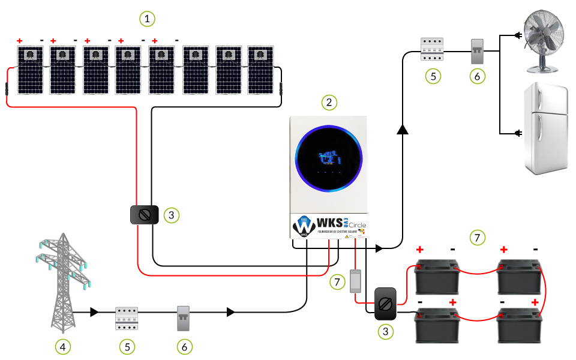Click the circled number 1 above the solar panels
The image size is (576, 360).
point(147,19)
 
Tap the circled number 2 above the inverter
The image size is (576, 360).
point(329,102)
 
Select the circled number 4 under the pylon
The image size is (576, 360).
point(62,346)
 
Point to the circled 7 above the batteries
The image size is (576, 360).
point(478,238)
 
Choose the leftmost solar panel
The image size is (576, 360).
point(29,70)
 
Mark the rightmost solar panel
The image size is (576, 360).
point(260,70)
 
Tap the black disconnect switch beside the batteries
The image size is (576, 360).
point(385,304)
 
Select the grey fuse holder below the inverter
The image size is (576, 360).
point(355,282)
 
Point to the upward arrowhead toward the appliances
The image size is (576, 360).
point(402,130)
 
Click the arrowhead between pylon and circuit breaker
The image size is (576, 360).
point(94,312)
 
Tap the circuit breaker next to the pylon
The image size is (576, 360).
point(127,318)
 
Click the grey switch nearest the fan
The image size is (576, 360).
point(477,53)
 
